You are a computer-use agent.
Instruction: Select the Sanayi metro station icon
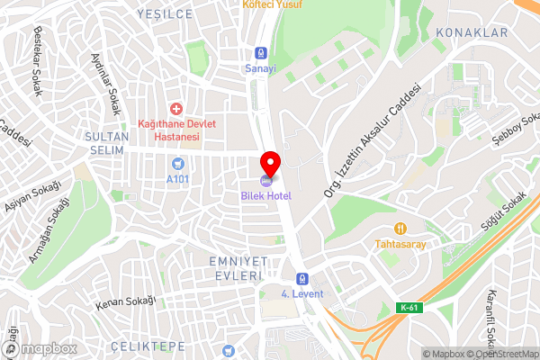[261, 52]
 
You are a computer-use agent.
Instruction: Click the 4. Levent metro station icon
[303, 279]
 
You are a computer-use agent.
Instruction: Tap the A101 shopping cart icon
[177, 163]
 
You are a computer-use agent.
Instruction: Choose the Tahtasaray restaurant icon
[400, 229]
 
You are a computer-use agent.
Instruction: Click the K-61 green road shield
[409, 308]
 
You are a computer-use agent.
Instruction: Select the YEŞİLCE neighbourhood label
[165, 14]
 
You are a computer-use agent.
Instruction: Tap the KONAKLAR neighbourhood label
[472, 32]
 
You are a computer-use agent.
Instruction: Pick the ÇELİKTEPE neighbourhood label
[147, 346]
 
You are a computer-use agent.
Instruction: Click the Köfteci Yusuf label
[273, 4]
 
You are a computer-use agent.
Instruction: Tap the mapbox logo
[42, 347]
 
